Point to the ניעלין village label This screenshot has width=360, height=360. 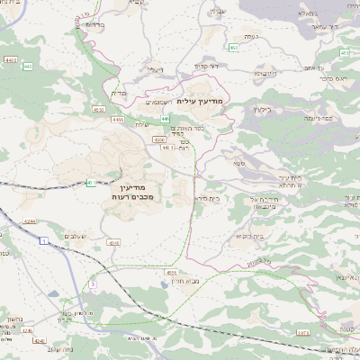156,68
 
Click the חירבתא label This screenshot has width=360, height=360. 263,72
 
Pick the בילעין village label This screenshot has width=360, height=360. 261,109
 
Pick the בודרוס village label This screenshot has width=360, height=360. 94,24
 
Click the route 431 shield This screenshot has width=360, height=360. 91,184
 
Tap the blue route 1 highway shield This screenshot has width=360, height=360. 43,241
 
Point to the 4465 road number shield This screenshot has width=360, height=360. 118,119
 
